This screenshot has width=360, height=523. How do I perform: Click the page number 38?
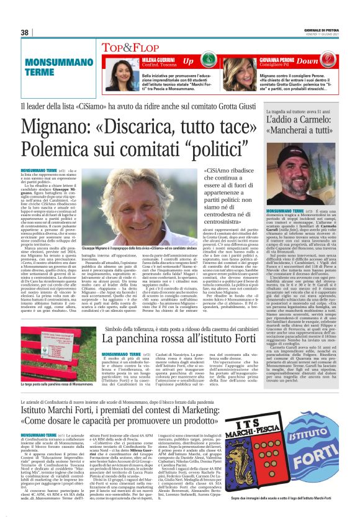pyautogui.click(x=25, y=32)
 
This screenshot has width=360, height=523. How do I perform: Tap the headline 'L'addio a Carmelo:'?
pyautogui.click(x=300, y=119)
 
